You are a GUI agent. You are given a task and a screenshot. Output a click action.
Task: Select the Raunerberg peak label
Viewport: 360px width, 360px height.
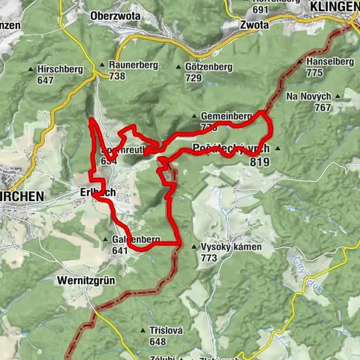pos(133,65)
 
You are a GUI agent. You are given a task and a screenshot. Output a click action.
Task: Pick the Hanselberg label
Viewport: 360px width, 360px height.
pos(325,61)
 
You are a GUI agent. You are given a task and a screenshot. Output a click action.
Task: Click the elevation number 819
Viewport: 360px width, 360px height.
pos(261,160)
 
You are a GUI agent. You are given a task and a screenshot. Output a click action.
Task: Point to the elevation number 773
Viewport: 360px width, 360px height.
pos(208,258)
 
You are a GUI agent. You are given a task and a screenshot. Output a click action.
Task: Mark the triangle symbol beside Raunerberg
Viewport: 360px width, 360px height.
pos(101,65)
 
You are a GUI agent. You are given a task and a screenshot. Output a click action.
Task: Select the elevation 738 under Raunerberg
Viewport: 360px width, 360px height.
pos(117,76)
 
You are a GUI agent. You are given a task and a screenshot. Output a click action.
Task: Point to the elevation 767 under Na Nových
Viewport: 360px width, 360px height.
pos(323,108)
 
